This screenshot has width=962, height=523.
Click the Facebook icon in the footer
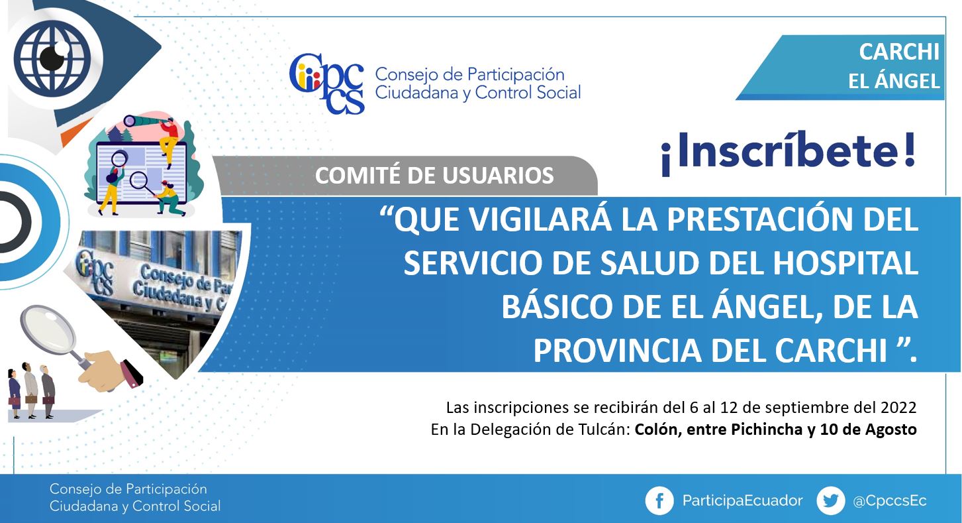(x=659, y=500)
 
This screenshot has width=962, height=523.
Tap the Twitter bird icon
(x=830, y=500)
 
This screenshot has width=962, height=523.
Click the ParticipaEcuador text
(x=743, y=501)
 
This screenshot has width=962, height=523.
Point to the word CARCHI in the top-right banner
(x=899, y=52)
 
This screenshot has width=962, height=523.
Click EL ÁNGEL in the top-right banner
(x=894, y=81)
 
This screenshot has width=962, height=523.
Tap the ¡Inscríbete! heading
(x=789, y=153)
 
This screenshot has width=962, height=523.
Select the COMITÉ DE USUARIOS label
(x=434, y=176)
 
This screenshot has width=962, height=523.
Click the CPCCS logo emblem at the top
(x=327, y=84)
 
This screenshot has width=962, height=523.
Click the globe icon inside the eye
(x=53, y=58)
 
